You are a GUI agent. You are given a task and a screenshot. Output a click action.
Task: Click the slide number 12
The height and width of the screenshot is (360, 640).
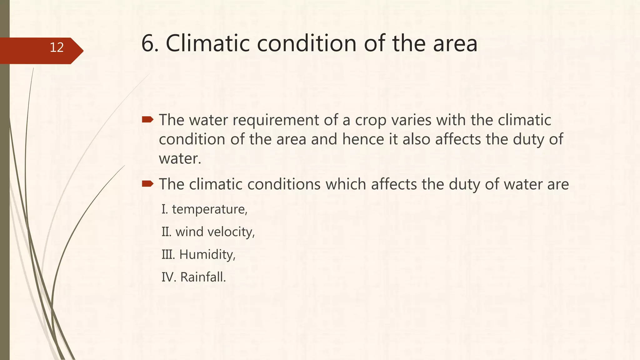pos(57,47)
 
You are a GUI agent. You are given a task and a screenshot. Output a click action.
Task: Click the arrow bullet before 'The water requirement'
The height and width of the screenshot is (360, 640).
pos(147,119)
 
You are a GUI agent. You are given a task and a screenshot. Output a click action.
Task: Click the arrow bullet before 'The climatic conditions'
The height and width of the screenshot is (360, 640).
pos(147,184)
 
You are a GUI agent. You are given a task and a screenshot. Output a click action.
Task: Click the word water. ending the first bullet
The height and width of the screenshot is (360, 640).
pos(180,159)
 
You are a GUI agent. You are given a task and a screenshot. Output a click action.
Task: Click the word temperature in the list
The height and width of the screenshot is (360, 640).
pos(209,209)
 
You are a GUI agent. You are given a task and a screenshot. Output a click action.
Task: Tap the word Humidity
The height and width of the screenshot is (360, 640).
pos(207,255)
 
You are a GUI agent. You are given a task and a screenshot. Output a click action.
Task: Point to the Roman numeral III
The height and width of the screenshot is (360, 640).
pos(168,255)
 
